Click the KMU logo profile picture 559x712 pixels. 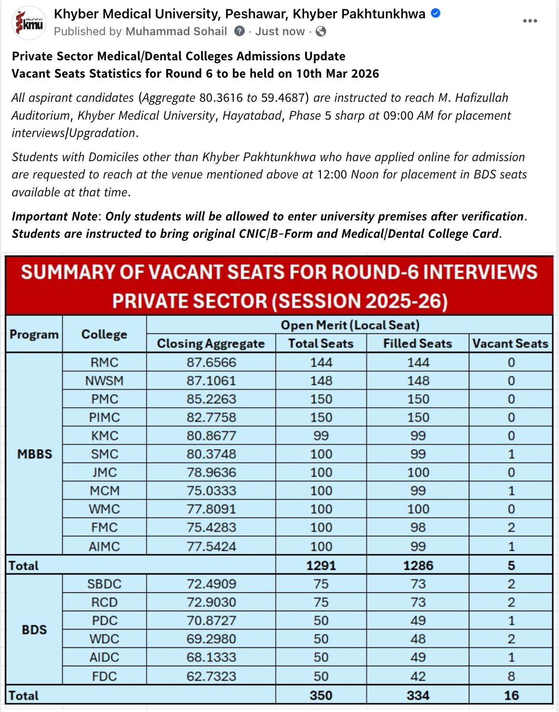[x=29, y=23]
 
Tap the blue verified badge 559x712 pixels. [x=436, y=14]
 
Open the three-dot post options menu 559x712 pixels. [x=530, y=21]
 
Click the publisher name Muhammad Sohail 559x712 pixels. [x=176, y=31]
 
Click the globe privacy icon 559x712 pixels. [x=320, y=31]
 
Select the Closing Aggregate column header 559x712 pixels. [x=211, y=343]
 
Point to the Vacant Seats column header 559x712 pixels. [x=510, y=343]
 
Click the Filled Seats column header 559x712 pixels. [x=417, y=343]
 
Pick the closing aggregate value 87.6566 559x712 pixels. [x=211, y=362]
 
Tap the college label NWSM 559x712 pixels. [x=104, y=381]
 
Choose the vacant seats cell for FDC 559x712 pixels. [x=511, y=676]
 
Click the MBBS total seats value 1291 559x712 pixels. [x=321, y=565]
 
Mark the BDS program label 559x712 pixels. [x=34, y=630]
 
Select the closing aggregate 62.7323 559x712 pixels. [x=211, y=676]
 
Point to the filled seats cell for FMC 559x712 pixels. [x=418, y=527]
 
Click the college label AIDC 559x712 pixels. [x=104, y=657]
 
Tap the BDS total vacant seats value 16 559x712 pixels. [x=511, y=695]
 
